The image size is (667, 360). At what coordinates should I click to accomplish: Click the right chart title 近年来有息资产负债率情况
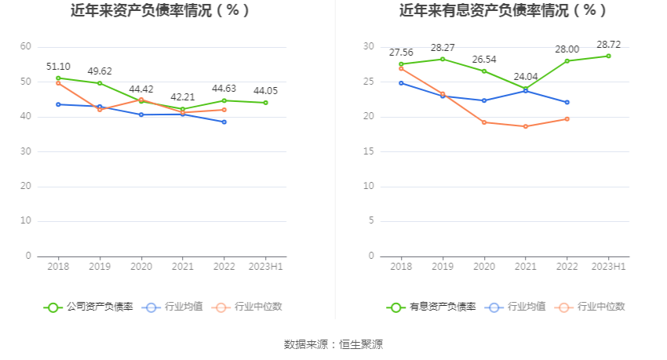tap(503, 11)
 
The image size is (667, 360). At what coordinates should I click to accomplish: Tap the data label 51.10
tap(58, 67)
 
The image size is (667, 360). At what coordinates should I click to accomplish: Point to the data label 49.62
tap(100, 71)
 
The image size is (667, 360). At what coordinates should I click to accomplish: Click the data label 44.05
tap(265, 91)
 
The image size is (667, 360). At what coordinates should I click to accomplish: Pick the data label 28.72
tap(608, 44)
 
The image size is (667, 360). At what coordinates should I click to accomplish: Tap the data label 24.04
tap(525, 77)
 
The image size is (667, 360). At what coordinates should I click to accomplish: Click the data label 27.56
tap(401, 53)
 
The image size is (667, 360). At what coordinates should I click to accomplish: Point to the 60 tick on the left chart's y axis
tap(26, 47)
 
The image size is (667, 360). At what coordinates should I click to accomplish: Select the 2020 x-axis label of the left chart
tap(141, 267)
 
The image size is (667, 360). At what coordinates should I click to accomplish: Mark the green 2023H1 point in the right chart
tap(608, 56)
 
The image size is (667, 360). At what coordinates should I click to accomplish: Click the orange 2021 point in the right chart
tap(525, 126)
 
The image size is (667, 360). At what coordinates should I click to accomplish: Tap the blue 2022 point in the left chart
tap(224, 122)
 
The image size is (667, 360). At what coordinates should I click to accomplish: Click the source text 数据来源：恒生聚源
tap(333, 344)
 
